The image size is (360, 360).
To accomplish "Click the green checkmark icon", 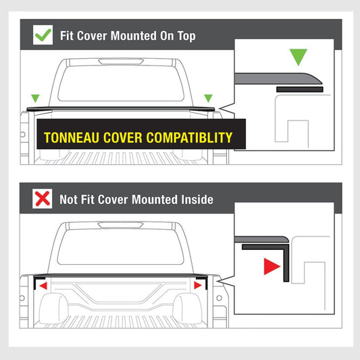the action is click(x=43, y=35).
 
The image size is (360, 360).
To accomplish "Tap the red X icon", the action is click(x=43, y=199).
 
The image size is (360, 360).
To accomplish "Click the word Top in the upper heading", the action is click(x=186, y=36).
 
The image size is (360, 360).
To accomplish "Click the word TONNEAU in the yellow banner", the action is click(x=72, y=138).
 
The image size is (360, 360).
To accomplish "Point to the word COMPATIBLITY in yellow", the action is click(x=189, y=138).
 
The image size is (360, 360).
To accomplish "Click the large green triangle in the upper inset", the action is click(x=299, y=56).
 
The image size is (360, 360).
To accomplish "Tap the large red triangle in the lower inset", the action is click(x=272, y=267).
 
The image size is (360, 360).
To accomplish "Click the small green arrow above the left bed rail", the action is click(x=35, y=98).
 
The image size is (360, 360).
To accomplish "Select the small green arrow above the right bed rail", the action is click(x=208, y=98).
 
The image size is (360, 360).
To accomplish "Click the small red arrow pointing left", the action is click(x=43, y=286).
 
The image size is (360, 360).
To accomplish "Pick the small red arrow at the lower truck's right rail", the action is click(x=198, y=286).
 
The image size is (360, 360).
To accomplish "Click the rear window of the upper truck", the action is click(x=121, y=84).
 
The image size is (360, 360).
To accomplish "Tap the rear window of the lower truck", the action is click(x=120, y=247).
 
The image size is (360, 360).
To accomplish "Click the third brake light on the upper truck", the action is click(x=121, y=61).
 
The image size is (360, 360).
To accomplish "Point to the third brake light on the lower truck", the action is click(x=120, y=225).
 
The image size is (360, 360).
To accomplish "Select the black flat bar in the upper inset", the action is click(x=300, y=89).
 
